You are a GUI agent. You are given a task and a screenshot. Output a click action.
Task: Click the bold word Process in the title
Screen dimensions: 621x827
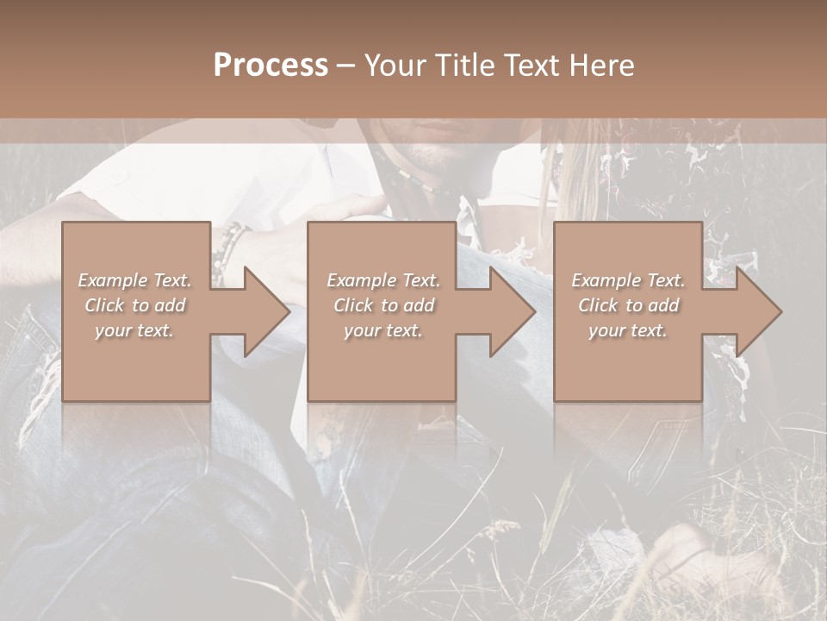(270, 66)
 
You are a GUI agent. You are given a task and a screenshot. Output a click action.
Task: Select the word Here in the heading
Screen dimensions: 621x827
(602, 66)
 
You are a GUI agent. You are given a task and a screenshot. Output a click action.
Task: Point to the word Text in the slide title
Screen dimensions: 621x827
(532, 66)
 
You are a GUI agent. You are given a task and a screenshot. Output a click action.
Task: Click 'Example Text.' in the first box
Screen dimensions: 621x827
(134, 280)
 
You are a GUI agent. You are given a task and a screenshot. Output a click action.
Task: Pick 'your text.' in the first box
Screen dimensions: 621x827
(134, 330)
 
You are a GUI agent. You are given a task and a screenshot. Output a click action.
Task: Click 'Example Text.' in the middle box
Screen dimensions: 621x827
(383, 280)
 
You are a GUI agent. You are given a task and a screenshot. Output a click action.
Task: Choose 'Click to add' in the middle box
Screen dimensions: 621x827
(383, 305)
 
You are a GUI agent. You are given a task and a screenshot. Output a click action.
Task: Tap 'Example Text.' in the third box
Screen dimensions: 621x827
(628, 280)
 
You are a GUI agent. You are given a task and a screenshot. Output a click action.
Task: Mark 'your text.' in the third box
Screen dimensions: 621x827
(628, 330)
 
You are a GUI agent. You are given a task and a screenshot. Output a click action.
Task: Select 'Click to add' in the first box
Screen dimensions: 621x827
(134, 305)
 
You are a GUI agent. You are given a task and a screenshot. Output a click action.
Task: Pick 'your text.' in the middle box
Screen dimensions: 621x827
(383, 330)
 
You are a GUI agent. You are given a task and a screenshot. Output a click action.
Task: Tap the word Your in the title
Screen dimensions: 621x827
(396, 66)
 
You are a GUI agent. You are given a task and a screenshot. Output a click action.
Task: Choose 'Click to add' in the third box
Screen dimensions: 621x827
(628, 305)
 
